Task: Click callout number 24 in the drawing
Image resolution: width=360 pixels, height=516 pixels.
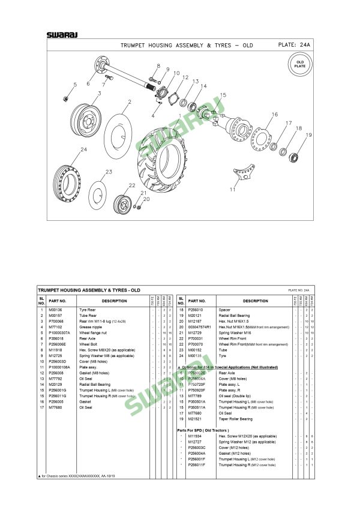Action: [84, 149]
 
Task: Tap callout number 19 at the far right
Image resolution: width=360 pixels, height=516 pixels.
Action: [309, 135]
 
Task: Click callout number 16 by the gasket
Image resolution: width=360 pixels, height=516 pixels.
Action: [274, 114]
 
